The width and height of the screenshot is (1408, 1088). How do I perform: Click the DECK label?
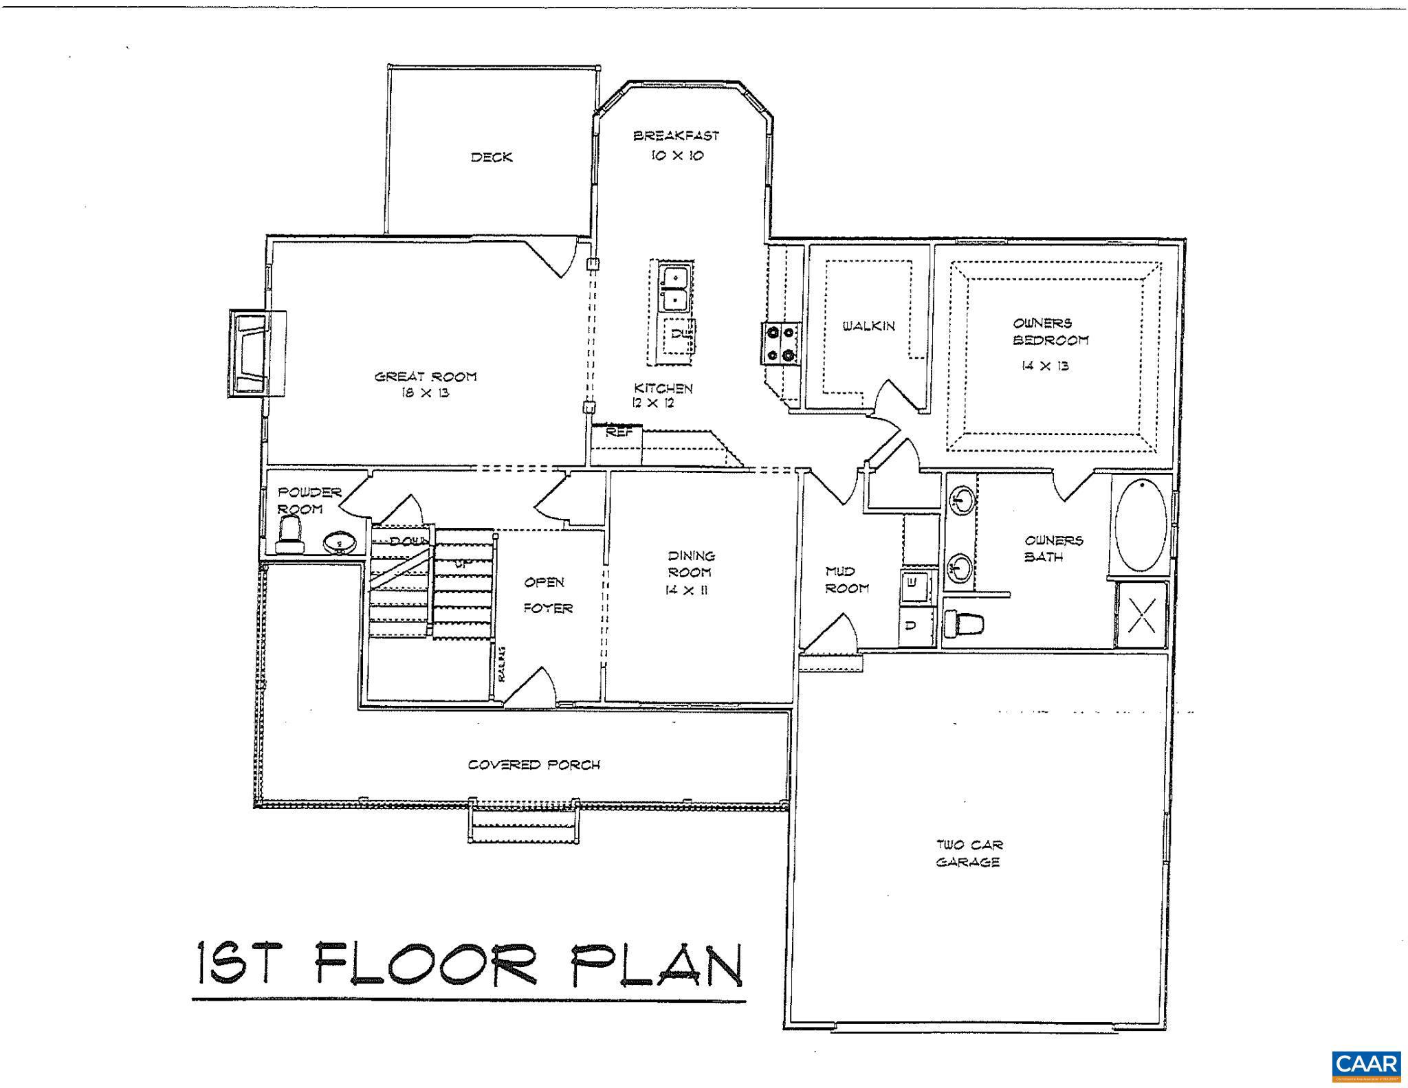(492, 157)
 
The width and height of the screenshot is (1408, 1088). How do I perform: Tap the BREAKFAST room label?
(676, 136)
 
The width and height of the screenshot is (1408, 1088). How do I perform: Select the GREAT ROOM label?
(425, 377)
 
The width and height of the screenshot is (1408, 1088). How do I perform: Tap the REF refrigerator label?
(619, 433)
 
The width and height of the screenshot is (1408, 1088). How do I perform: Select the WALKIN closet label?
(869, 326)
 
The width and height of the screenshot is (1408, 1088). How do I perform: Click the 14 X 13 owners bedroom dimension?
(1045, 366)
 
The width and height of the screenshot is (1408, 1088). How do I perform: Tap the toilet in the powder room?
(290, 536)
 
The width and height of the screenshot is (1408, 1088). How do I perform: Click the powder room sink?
(339, 543)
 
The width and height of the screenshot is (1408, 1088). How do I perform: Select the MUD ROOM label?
(846, 579)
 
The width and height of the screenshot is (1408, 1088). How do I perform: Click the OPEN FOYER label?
(547, 595)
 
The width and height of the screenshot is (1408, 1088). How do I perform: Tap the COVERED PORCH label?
(534, 765)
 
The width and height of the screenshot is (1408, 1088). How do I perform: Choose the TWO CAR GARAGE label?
(967, 854)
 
